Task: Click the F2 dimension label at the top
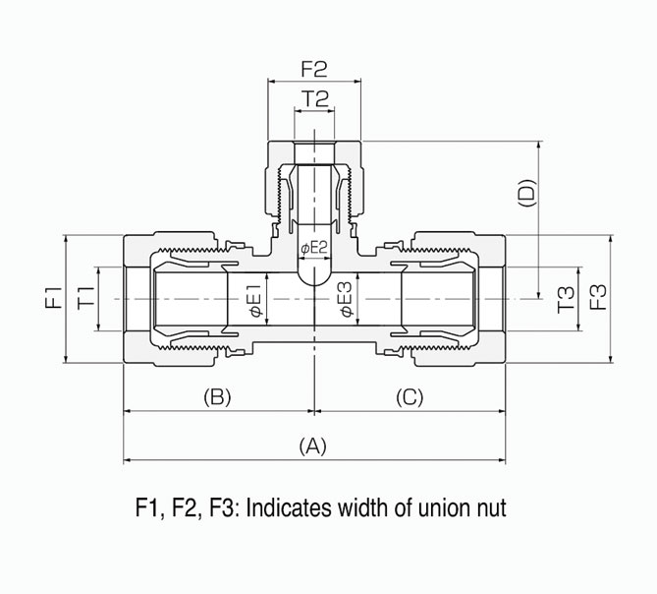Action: (313, 70)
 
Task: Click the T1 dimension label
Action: (85, 298)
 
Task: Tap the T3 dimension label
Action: (566, 299)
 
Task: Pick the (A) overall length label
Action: (312, 445)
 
